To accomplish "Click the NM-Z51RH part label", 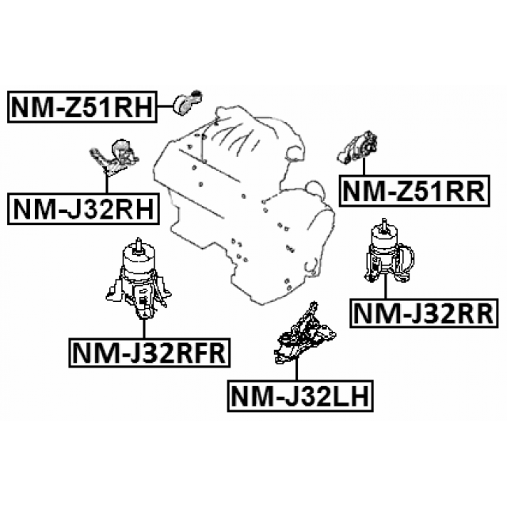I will tap(81, 105).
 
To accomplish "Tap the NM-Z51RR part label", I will tap(410, 190).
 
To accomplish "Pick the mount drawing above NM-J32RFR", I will tap(138, 280).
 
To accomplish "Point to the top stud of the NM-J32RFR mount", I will tap(138, 244).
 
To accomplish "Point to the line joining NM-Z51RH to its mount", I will tap(163, 105).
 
